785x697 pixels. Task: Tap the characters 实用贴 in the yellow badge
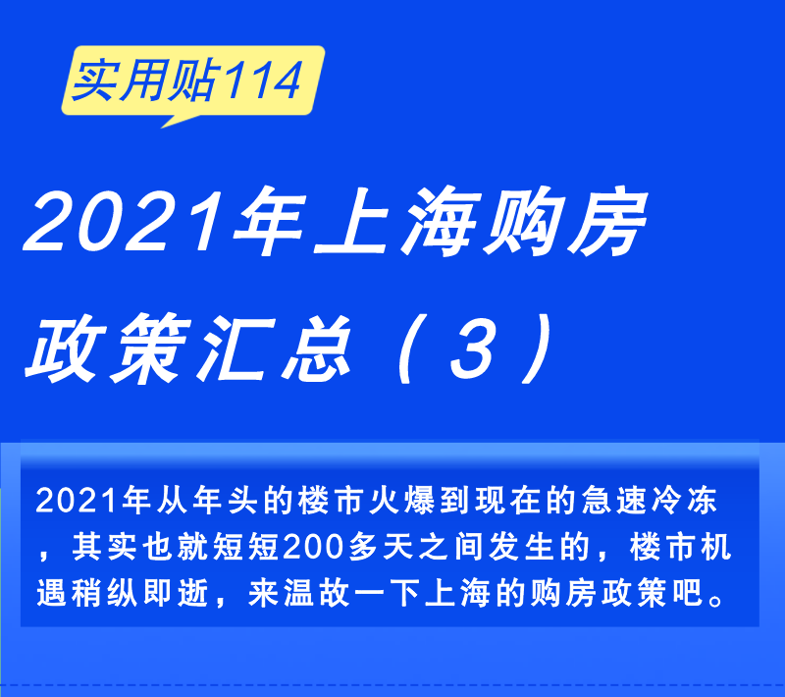pos(145,80)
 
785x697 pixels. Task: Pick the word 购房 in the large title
pos(563,220)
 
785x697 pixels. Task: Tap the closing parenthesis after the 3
pos(537,348)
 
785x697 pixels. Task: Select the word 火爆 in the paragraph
pos(402,500)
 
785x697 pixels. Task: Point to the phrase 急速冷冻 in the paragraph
pos(650,500)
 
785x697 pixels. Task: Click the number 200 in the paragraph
pos(313,546)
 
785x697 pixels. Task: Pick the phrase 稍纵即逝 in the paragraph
pos(140,593)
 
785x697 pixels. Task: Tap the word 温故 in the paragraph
pos(316,593)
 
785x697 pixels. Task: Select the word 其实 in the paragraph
pos(105,546)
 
